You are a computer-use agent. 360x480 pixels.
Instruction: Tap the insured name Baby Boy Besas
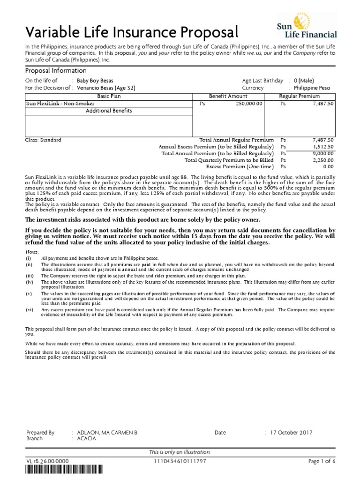95,81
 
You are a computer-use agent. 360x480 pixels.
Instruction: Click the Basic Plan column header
109,96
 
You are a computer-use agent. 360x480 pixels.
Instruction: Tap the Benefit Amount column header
228,96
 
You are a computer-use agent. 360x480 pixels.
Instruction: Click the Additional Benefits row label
109,111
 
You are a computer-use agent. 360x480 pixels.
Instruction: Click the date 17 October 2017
291,433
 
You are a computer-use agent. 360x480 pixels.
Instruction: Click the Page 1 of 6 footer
322,462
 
